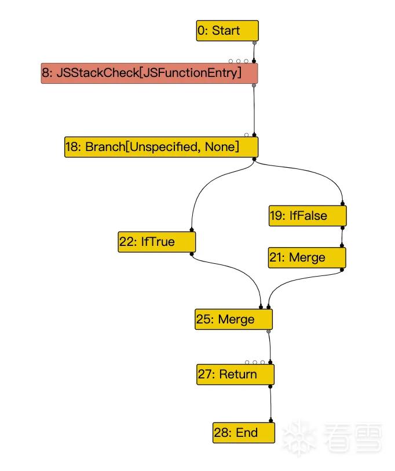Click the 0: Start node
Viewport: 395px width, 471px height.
[x=227, y=31]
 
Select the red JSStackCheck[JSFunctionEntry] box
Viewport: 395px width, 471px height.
[x=149, y=73]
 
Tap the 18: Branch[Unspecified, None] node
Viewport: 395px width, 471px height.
[x=161, y=147]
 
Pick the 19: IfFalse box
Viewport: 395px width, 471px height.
[x=308, y=216]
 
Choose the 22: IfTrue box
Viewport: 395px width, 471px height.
[x=156, y=242]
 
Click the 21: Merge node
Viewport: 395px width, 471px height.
[x=307, y=257]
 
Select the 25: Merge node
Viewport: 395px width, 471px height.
[x=233, y=319]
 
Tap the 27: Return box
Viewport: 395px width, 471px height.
[x=235, y=374]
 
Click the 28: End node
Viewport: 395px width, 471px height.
[x=243, y=433]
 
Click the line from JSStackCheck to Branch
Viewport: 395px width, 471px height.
[x=254, y=111]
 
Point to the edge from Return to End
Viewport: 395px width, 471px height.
[x=270, y=404]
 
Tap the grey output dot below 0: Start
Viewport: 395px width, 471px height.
[x=255, y=43]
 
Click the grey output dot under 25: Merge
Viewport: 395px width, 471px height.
[x=269, y=332]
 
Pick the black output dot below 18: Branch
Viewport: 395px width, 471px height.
[x=254, y=159]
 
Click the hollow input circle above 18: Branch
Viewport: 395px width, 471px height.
[x=247, y=135]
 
